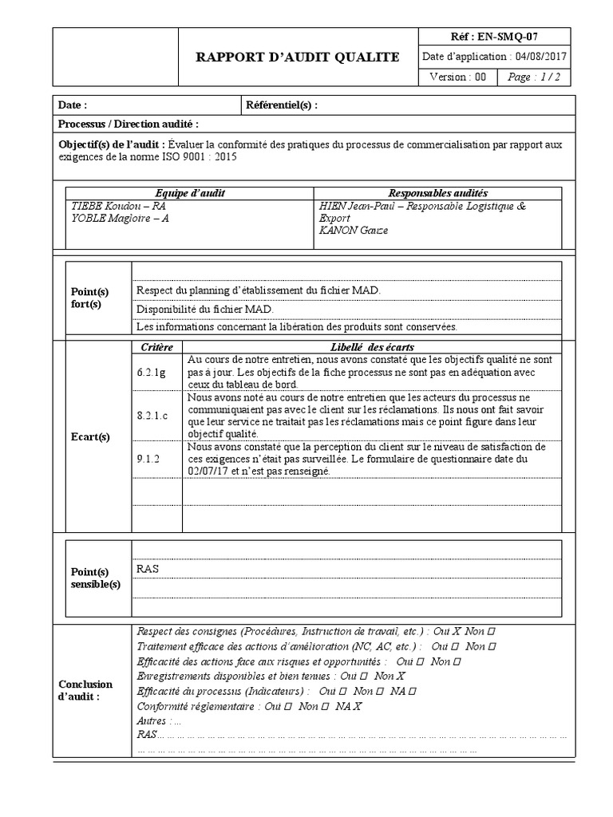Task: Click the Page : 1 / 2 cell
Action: coord(533,77)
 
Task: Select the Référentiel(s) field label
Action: coord(282,105)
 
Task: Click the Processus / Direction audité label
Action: coord(129,124)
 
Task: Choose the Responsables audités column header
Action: coord(437,194)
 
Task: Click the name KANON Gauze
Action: coord(353,230)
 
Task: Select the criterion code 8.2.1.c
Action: coord(152,416)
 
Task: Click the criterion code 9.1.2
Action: coord(148,460)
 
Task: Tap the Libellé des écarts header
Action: coord(372,347)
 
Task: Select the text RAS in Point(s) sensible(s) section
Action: coord(148,569)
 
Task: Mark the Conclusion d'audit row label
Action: coord(86,690)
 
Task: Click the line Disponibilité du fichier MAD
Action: coord(205,309)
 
